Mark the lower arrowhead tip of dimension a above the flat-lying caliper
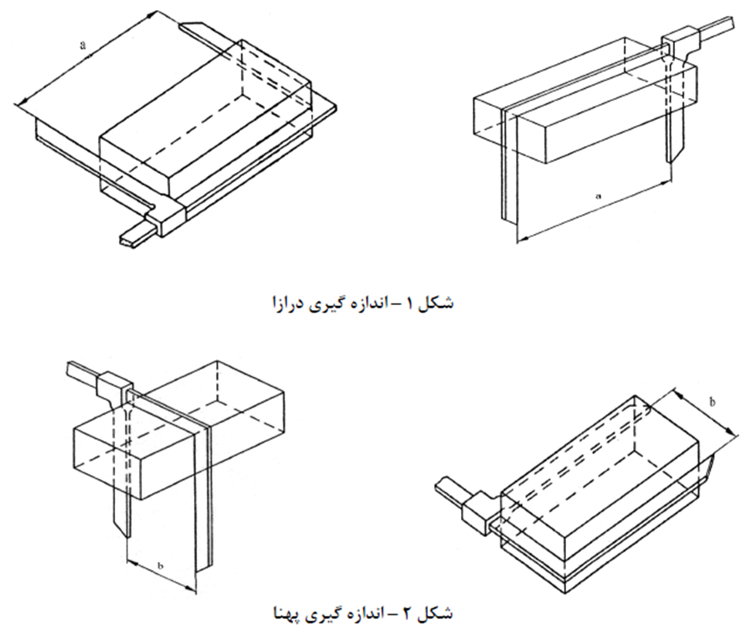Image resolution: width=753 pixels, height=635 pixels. click(16, 104)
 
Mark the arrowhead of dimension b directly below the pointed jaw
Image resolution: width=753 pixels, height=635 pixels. click(127, 560)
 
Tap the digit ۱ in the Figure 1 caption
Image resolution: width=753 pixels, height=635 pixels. click(409, 304)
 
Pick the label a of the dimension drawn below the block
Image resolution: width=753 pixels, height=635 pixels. click(598, 196)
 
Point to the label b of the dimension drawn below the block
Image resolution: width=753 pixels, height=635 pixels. click(161, 565)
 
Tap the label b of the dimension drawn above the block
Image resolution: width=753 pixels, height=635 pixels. click(712, 402)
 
